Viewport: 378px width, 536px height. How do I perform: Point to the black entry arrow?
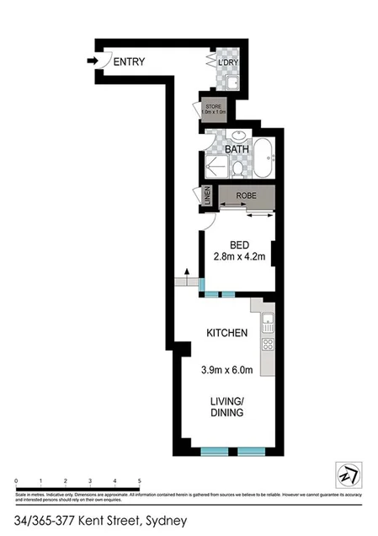pos(93,60)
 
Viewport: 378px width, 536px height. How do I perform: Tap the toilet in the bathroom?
pos(237,169)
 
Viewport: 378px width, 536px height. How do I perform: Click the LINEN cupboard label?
pos(206,196)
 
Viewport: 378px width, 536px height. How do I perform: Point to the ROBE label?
pos(246,196)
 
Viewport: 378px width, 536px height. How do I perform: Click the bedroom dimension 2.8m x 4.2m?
pos(240,257)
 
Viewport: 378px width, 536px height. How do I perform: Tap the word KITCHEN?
pos(227,333)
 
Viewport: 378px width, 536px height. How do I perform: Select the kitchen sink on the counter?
pos(269,320)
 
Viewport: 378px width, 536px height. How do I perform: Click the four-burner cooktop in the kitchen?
pos(269,344)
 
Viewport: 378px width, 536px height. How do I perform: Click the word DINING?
pos(227,413)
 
